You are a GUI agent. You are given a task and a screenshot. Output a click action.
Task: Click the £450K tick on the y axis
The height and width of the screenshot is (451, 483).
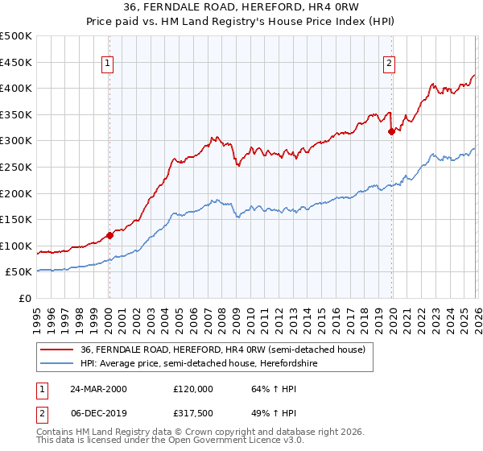click(x=16, y=62)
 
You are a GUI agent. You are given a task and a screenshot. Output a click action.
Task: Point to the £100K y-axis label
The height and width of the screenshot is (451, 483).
click(x=16, y=246)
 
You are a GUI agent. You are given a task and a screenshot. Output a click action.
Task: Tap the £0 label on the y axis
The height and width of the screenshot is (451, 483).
click(x=26, y=298)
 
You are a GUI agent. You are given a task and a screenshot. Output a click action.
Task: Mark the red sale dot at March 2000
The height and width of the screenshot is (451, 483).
click(x=109, y=235)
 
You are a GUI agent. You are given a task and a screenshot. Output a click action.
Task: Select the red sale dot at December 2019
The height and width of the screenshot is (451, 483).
click(x=391, y=131)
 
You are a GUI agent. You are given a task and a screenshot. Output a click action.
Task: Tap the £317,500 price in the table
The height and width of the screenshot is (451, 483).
click(x=196, y=413)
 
